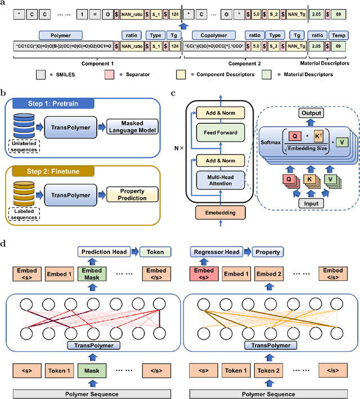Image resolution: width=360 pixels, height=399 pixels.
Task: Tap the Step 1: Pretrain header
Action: [x=53, y=103]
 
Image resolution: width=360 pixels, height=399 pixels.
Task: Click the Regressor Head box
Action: [x=217, y=252]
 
